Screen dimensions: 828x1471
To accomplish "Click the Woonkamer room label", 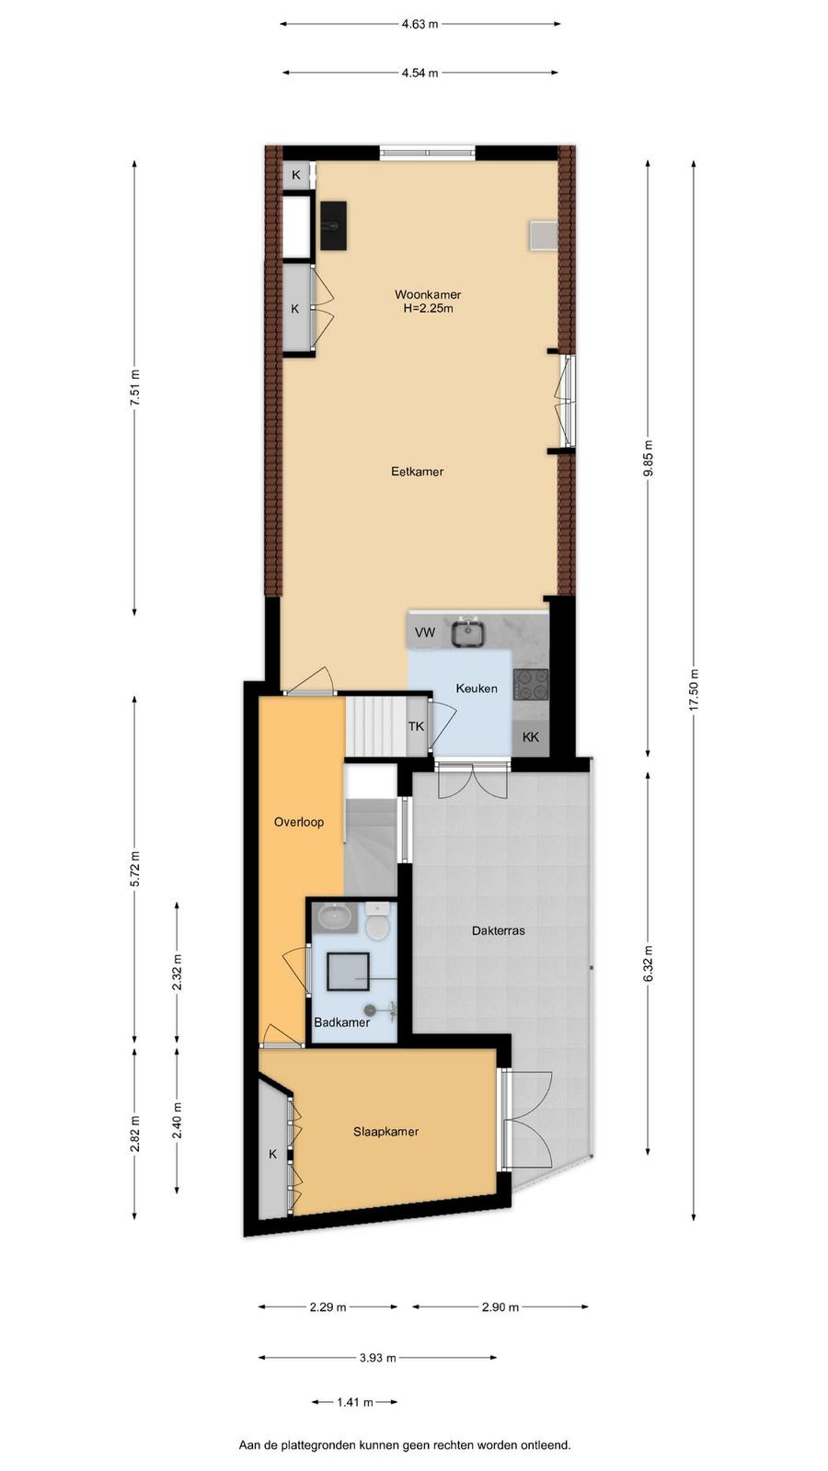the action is coord(427,295).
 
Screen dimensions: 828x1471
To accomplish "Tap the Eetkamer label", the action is coord(418,472).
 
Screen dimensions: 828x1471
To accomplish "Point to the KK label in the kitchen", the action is coord(530,736).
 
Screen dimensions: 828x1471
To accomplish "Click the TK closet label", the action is coord(416,726).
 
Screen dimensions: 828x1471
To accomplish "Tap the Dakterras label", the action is coord(498,930).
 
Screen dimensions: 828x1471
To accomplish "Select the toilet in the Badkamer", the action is coord(378,921).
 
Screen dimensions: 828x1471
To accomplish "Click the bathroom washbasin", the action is coord(336,917).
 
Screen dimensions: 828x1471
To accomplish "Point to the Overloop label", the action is coord(299,822).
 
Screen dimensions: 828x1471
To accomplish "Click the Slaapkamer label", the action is coord(385,1132).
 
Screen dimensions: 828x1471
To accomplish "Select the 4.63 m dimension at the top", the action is coord(420,24).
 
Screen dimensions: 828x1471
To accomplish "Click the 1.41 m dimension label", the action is coord(355,1402).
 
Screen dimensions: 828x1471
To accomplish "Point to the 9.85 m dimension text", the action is coord(648,459).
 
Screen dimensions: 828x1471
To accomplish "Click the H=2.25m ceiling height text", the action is coord(428,309).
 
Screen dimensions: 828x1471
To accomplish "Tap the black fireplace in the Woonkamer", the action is coord(334,225).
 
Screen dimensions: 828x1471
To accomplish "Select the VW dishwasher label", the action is coord(425,633).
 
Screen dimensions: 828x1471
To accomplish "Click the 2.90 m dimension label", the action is coord(500,1307).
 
